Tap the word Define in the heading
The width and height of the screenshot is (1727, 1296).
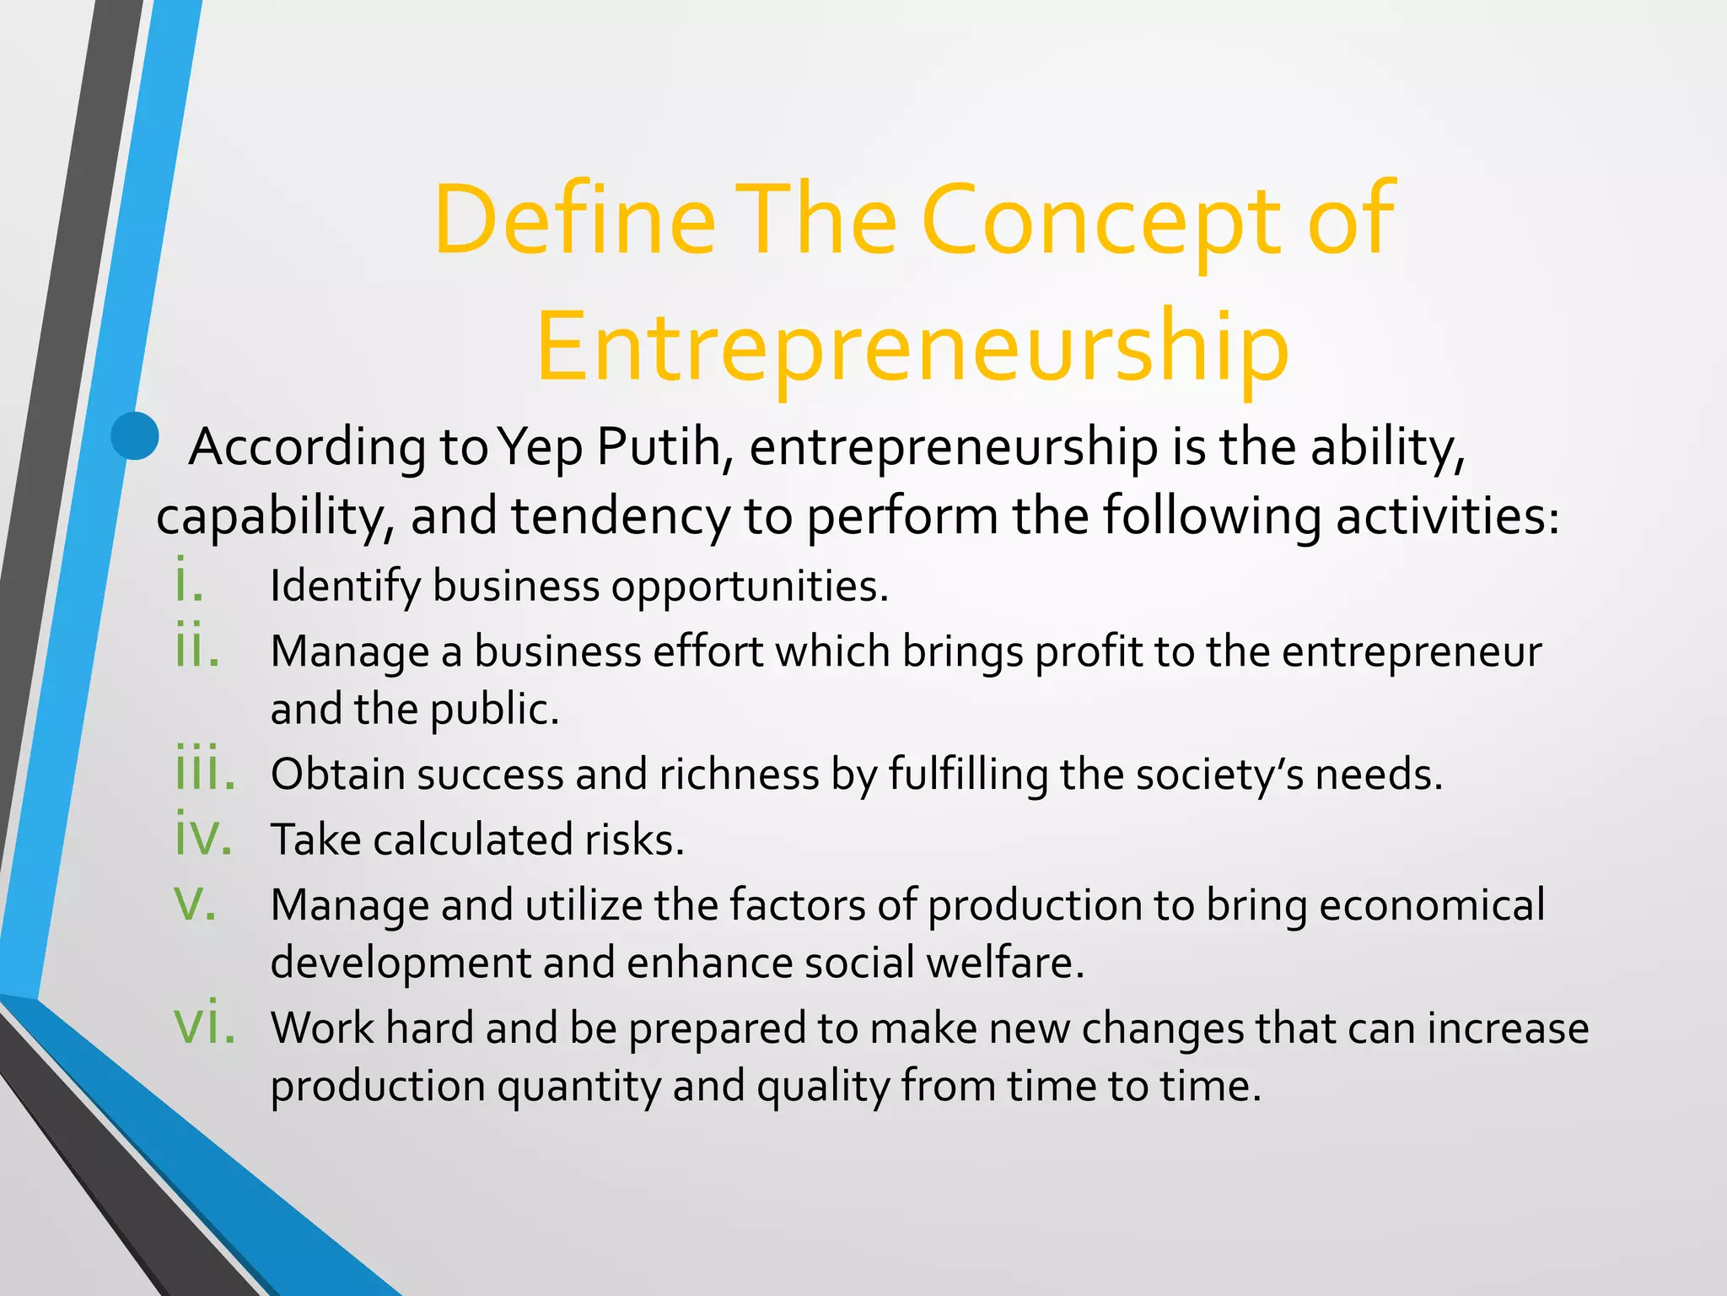[x=574, y=221]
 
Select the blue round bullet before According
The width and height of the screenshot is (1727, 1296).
[x=135, y=436]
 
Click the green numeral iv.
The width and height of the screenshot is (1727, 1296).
[x=203, y=835]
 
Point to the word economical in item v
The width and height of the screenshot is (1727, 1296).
[x=1432, y=905]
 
